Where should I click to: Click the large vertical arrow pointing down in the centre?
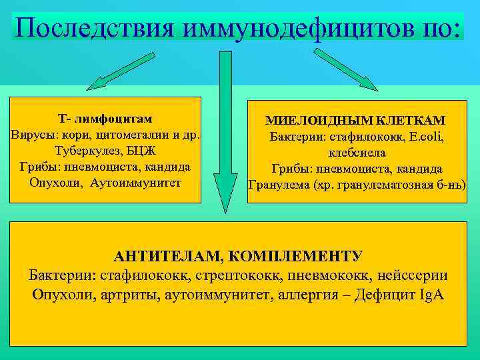pos(225,133)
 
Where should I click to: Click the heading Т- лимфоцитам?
pos(105,119)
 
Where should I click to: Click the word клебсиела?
pos(355,153)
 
